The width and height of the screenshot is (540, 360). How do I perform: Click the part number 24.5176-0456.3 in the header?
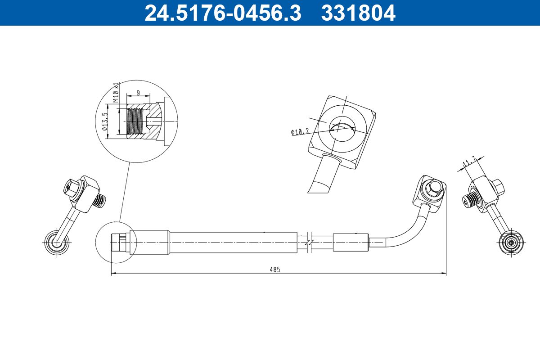222,13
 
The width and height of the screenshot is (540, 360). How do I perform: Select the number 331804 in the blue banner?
358,13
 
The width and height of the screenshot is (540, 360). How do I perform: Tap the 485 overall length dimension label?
275,270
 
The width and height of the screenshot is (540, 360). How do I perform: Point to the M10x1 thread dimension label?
116,93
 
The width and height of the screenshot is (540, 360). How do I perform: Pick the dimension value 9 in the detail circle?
138,93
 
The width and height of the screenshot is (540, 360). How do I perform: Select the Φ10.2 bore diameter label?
300,132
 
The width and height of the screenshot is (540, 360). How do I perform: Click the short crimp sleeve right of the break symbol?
351,243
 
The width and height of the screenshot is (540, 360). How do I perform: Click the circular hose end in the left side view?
57,242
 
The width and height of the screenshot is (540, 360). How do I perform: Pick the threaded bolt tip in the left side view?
101,201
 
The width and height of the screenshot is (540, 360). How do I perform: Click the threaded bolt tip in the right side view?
468,200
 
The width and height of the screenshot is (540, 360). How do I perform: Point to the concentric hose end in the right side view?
511,243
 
